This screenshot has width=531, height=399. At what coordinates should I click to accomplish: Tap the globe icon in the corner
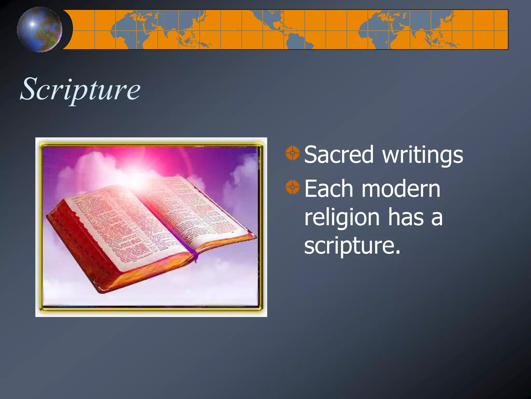click(39, 29)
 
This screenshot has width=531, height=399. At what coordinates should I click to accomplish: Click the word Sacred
click(339, 155)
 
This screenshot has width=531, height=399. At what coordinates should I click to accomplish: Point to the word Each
click(329, 189)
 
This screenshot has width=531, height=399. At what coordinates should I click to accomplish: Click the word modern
click(401, 189)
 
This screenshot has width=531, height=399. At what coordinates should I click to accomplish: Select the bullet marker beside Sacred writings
click(292, 153)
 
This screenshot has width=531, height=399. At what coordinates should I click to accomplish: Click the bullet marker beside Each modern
click(292, 187)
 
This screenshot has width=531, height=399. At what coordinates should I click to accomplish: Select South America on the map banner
click(298, 42)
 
